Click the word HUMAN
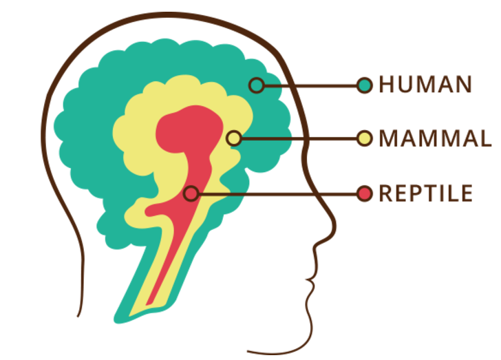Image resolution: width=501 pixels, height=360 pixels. tap(425, 85)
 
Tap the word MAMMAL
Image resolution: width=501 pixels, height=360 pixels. tap(435, 138)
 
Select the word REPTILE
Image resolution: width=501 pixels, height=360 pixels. tap(425, 193)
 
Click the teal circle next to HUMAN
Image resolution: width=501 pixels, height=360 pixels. tap(365, 85)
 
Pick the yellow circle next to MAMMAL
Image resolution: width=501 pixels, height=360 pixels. tap(365, 138)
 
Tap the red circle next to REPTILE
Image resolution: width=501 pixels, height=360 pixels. tap(365, 193)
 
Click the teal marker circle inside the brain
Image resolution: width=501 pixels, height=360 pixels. tap(257, 85)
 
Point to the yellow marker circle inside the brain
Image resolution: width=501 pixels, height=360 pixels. tap(234, 138)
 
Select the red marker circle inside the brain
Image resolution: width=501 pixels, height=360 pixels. tap(191, 193)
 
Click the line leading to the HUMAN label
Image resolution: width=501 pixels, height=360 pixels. tap(310, 85)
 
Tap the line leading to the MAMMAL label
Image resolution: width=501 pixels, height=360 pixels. tap(299, 139)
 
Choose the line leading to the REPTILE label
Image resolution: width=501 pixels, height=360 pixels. tap(277, 193)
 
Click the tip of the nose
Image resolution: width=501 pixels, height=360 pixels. tap(335, 224)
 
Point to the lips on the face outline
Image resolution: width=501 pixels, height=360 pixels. tap(310, 281)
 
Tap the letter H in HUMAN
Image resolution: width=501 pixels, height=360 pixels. tap(385, 85)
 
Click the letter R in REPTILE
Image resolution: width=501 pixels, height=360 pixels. tap(385, 193)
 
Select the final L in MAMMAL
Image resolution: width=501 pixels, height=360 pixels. tap(485, 138)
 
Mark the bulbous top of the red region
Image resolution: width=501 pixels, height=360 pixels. tap(189, 128)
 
